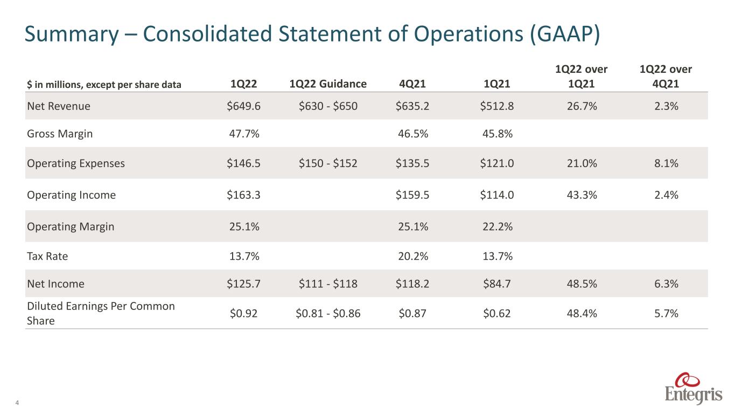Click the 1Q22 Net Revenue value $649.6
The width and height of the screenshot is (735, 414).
click(243, 106)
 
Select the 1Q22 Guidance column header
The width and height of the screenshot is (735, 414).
click(328, 84)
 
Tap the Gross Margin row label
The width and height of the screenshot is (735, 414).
click(60, 134)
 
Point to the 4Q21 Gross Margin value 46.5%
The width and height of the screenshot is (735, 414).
click(413, 134)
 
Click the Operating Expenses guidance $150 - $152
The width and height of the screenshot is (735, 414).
click(328, 163)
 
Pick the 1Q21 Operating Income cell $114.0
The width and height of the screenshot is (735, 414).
click(497, 195)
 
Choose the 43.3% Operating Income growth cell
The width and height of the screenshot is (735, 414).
click(582, 195)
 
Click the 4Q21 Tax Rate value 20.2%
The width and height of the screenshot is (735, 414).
click(413, 256)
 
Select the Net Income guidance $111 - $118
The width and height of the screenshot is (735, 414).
click(328, 284)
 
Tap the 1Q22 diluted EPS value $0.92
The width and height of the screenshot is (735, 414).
click(243, 313)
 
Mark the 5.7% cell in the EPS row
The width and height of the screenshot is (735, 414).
click(666, 313)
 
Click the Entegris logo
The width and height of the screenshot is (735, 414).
click(694, 388)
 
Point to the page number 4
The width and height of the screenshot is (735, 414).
click(17, 403)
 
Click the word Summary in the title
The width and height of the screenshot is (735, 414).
click(72, 34)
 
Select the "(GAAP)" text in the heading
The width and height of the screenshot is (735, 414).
click(565, 34)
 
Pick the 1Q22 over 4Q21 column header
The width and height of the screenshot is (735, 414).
click(666, 77)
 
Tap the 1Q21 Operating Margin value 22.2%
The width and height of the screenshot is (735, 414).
click(497, 226)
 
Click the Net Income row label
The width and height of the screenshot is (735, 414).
click(55, 284)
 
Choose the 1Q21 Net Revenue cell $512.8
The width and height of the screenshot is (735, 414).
click(497, 106)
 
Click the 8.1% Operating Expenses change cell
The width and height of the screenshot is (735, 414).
click(666, 163)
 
